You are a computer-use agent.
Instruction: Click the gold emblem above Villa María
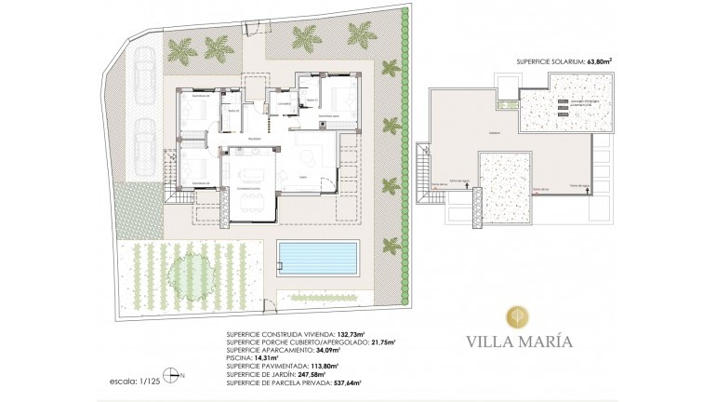point(520,315)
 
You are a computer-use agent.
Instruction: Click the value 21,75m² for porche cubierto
point(381,341)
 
